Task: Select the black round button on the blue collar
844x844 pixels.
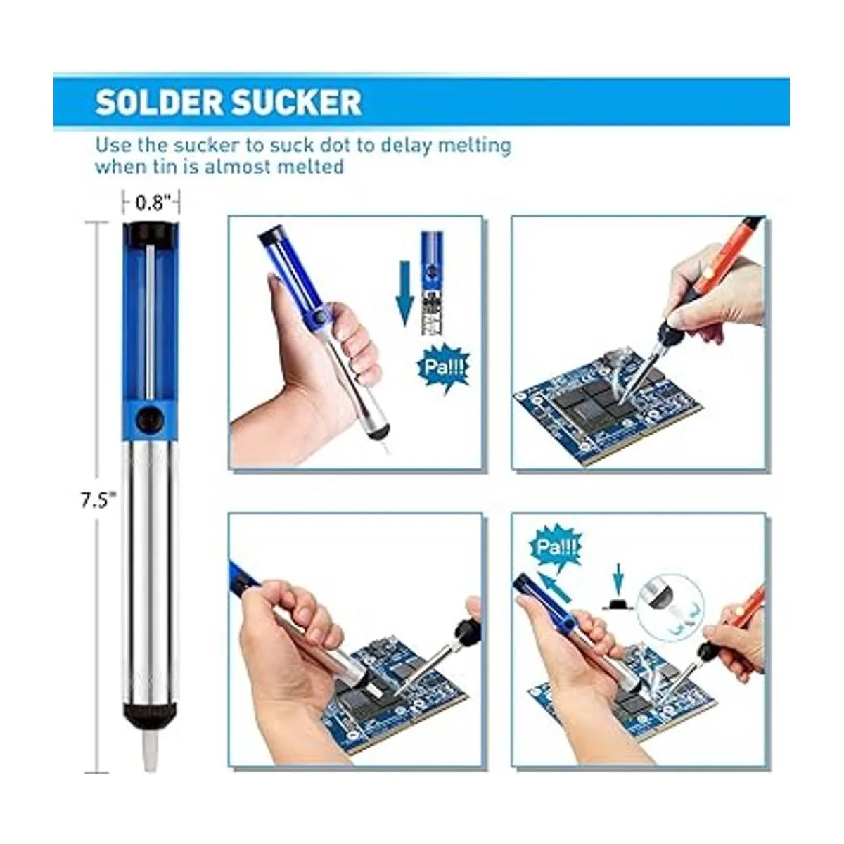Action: point(150,419)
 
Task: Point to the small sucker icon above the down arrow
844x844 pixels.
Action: point(430,281)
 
